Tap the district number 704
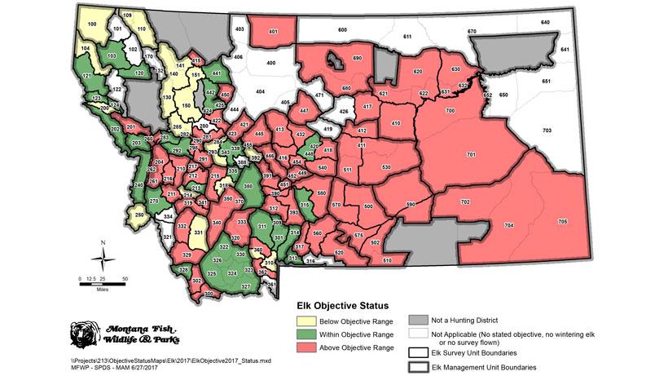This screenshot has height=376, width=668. click(509, 224)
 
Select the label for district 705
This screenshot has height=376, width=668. click(562, 222)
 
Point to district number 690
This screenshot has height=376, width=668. click(357, 59)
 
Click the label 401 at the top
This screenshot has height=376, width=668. click(272, 32)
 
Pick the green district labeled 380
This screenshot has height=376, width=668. click(248, 187)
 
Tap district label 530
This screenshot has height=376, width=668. click(386, 167)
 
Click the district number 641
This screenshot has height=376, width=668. click(564, 51)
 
